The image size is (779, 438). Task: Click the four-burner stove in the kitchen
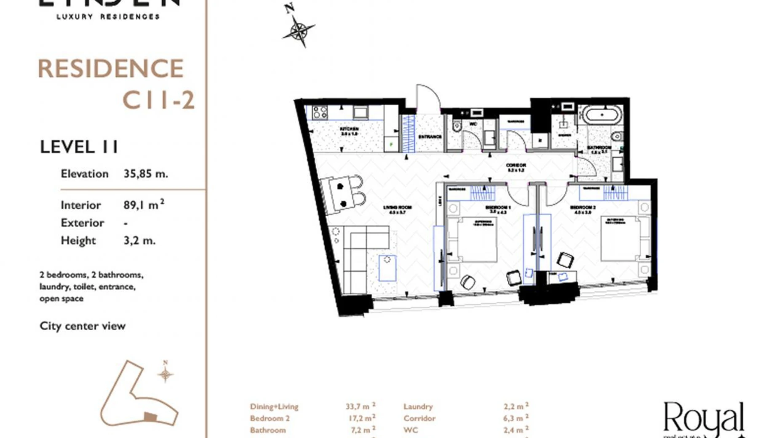pyautogui.click(x=320, y=112)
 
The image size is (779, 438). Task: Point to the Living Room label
pyautogui.click(x=397, y=209)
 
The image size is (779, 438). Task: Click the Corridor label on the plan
pyautogui.click(x=516, y=167)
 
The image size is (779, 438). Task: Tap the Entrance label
pyautogui.click(x=430, y=137)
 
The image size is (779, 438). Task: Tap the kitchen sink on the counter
pyautogui.click(x=360, y=112)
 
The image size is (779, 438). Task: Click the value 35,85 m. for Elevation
pyautogui.click(x=146, y=174)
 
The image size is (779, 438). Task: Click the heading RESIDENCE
pyautogui.click(x=111, y=69)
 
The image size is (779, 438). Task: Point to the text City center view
pyautogui.click(x=83, y=326)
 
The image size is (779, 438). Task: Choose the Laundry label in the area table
pyautogui.click(x=418, y=406)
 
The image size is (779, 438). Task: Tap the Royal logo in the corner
pyautogui.click(x=704, y=419)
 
